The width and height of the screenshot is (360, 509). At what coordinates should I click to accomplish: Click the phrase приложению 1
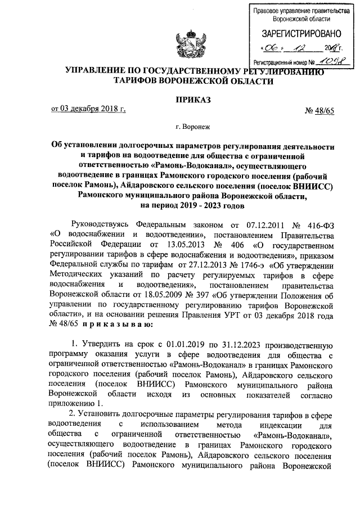pyautogui.click(x=75, y=405)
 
